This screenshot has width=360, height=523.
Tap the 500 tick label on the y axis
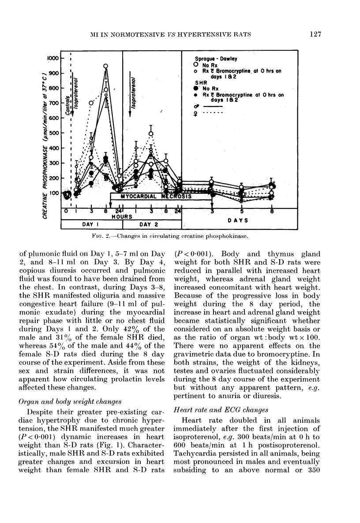(54, 133)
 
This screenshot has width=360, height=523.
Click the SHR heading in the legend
(200, 82)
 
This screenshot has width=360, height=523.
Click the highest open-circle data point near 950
(106, 67)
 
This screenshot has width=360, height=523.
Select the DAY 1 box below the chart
(90, 224)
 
